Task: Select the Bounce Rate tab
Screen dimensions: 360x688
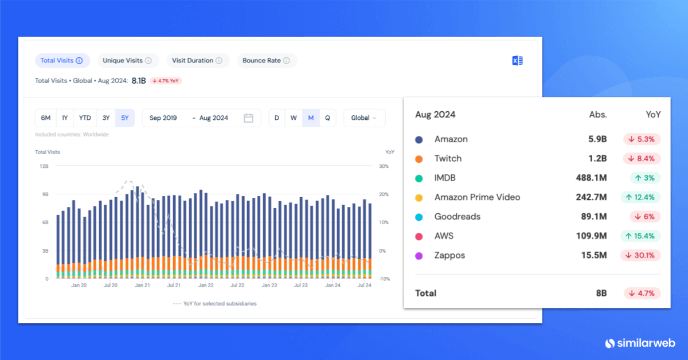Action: tap(266, 60)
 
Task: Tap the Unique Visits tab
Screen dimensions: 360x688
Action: tap(127, 60)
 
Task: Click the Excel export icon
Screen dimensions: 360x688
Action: tap(517, 61)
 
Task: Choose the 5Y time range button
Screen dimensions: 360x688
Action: tap(124, 118)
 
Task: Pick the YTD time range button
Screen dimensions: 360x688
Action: tap(85, 118)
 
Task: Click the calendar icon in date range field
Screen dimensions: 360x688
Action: tap(248, 118)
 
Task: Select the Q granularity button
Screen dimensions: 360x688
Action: tap(327, 118)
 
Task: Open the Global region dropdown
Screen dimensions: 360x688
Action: tap(364, 118)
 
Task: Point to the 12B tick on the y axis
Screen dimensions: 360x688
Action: tap(43, 166)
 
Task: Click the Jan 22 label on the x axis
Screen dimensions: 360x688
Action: tap(206, 285)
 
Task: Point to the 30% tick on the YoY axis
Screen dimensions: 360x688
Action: tap(384, 166)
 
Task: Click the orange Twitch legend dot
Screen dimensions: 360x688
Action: tap(419, 159)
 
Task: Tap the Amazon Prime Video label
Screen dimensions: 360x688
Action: tap(477, 197)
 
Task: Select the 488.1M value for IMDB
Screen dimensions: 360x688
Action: tap(591, 178)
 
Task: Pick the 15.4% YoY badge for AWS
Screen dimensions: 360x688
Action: tap(640, 236)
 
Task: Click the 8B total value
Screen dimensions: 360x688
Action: tap(600, 293)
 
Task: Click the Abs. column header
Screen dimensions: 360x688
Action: tap(598, 114)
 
